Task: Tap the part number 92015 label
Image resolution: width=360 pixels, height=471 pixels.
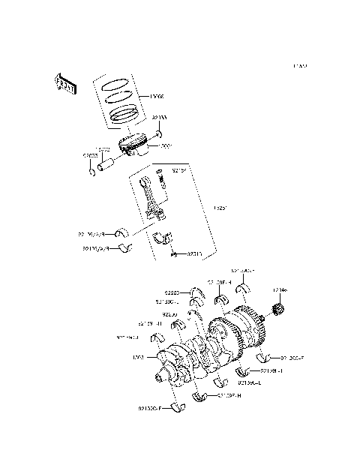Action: pyautogui.click(x=195, y=253)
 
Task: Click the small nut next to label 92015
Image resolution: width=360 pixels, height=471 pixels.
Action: pyautogui.click(x=173, y=255)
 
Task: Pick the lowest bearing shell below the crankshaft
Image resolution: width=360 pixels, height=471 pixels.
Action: pyautogui.click(x=178, y=407)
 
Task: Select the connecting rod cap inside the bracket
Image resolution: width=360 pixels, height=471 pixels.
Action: pyautogui.click(x=160, y=239)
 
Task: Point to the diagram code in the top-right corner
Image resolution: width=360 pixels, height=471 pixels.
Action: pyautogui.click(x=300, y=66)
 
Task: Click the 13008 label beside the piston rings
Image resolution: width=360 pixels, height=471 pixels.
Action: pyautogui.click(x=156, y=95)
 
